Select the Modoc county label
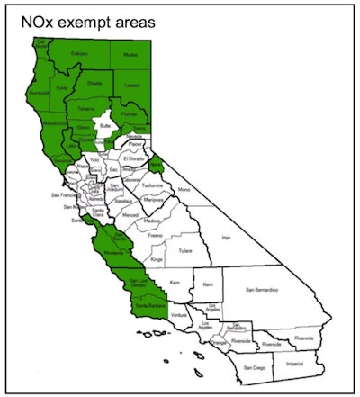[131, 55]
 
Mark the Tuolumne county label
[152, 186]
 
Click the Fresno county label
[157, 234]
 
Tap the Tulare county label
[186, 251]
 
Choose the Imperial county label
[292, 364]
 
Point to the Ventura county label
[180, 316]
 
